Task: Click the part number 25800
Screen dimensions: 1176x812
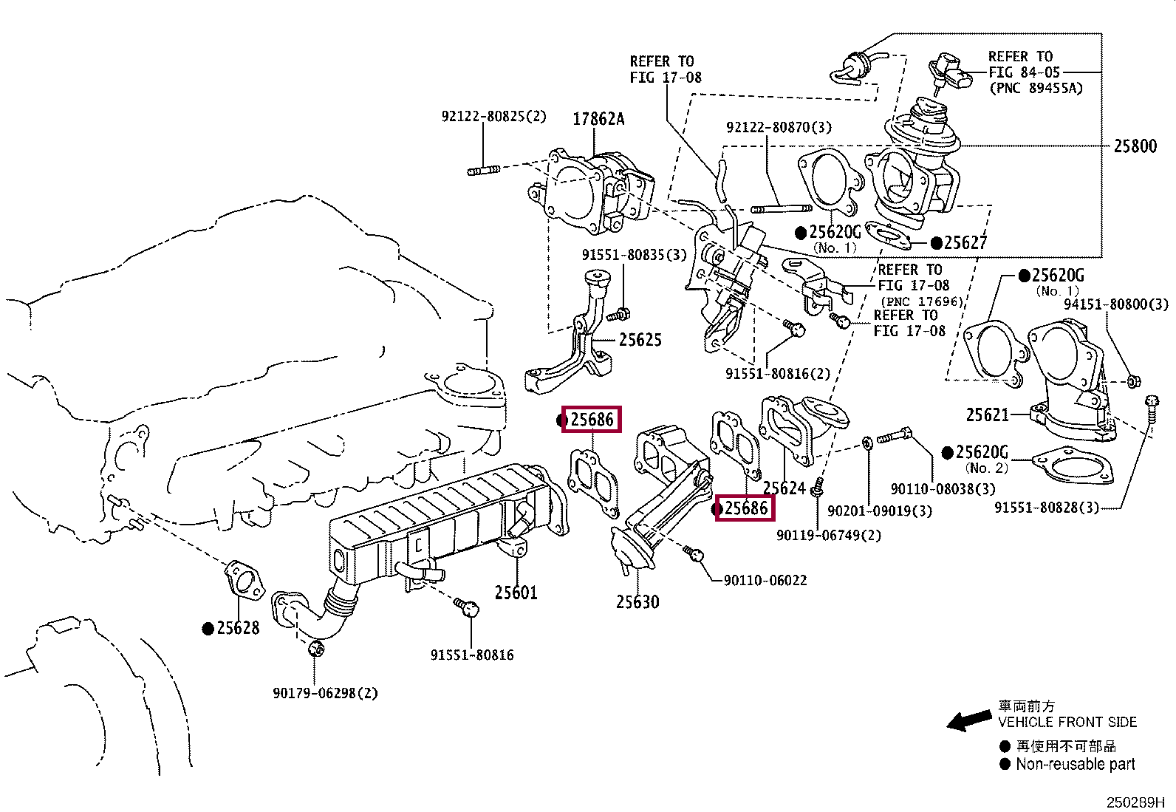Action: tap(1135, 146)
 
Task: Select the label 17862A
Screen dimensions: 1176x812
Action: tap(598, 119)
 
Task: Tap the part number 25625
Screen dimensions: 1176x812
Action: tap(640, 340)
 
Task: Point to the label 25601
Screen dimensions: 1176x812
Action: tap(516, 593)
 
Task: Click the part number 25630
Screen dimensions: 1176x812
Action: tap(637, 602)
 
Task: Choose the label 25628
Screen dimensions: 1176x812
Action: tap(238, 628)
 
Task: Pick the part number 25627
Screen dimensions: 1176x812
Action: tap(965, 242)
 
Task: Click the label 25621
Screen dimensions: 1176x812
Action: tap(988, 415)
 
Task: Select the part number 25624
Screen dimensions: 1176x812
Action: tap(784, 488)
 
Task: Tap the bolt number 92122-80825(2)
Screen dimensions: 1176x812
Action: tap(493, 116)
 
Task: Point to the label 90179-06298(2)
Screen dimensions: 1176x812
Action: tap(325, 693)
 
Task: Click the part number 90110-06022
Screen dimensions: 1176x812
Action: tap(765, 581)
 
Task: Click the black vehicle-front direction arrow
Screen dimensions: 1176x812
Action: tap(969, 720)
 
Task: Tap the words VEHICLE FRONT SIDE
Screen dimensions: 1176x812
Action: tap(1067, 722)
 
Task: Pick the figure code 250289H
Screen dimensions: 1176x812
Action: tap(1135, 802)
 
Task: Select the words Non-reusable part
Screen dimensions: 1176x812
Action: tap(1076, 764)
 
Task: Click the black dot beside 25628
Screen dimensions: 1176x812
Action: tap(208, 628)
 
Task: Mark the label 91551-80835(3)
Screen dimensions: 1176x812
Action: tap(635, 255)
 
